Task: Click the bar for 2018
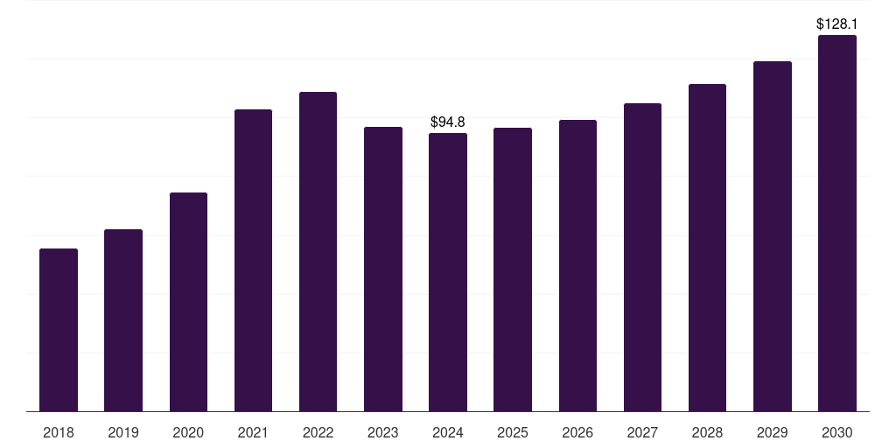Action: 59,330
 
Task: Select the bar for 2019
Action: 123,320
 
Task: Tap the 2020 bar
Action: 188,302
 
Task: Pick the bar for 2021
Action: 253,261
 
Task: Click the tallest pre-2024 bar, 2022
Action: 318,252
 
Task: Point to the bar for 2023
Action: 383,269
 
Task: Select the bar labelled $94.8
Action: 448,272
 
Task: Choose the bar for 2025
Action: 513,269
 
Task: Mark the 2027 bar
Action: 642,257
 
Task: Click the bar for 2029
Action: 773,236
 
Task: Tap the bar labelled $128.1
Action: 837,223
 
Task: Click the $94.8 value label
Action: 448,122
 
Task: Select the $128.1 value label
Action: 837,24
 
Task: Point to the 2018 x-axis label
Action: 59,432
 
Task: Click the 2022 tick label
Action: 318,432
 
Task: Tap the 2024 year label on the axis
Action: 448,432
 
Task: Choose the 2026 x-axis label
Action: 577,432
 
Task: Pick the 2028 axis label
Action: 707,432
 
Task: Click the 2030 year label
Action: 837,432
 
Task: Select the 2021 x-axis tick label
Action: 253,432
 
